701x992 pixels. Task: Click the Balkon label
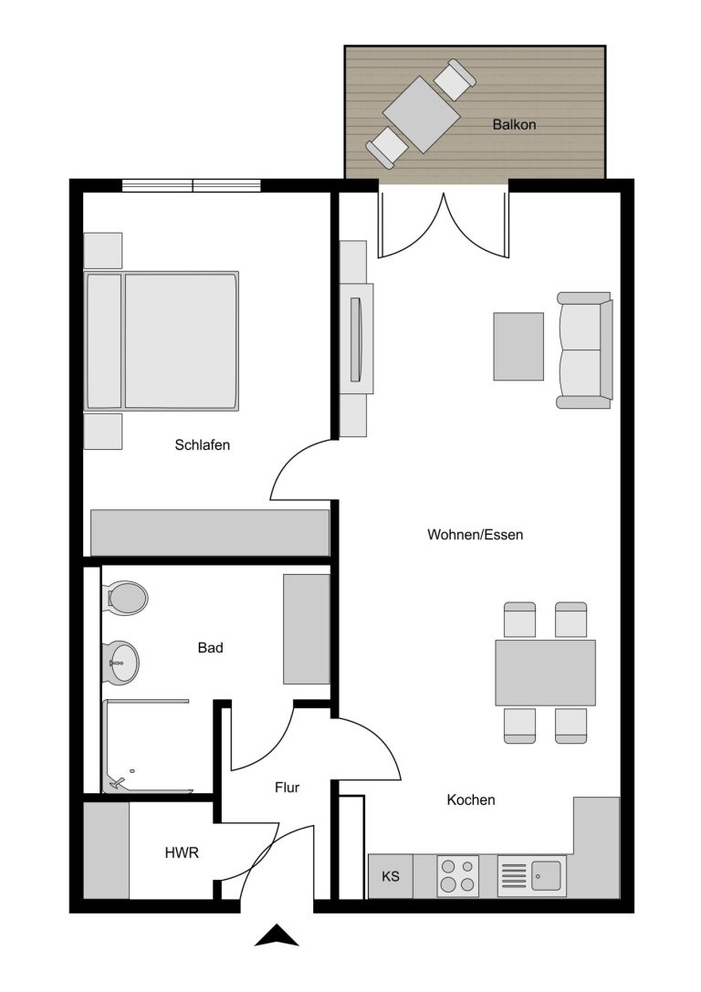point(514,125)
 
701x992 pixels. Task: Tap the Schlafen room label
point(203,444)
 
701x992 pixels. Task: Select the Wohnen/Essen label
point(476,535)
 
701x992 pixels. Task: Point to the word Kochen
point(471,799)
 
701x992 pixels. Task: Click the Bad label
point(210,647)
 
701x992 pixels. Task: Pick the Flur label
point(287,788)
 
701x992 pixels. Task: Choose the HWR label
point(182,852)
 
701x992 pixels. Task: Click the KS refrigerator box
point(391,876)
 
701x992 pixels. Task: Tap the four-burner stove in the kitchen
point(457,875)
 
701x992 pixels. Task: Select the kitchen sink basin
point(546,875)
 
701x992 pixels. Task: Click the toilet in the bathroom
point(126,597)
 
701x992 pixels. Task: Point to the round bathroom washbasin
point(120,663)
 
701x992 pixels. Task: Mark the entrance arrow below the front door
point(277,935)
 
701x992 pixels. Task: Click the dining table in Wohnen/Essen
point(545,673)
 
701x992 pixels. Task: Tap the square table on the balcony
point(422,114)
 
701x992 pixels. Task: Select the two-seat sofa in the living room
point(584,350)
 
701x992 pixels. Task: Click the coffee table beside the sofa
point(518,346)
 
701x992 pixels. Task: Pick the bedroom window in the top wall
point(191,185)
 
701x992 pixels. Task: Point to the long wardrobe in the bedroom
point(210,533)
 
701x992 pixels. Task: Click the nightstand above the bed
point(103,251)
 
